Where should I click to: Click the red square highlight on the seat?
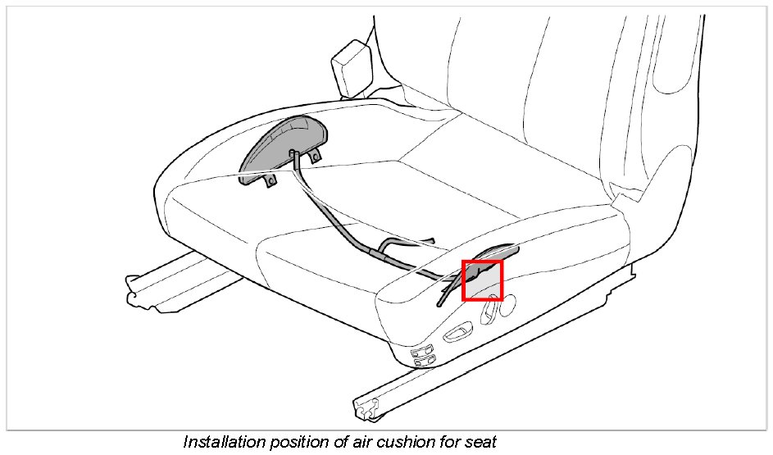[x=483, y=280]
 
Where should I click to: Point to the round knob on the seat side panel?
[x=507, y=303]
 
